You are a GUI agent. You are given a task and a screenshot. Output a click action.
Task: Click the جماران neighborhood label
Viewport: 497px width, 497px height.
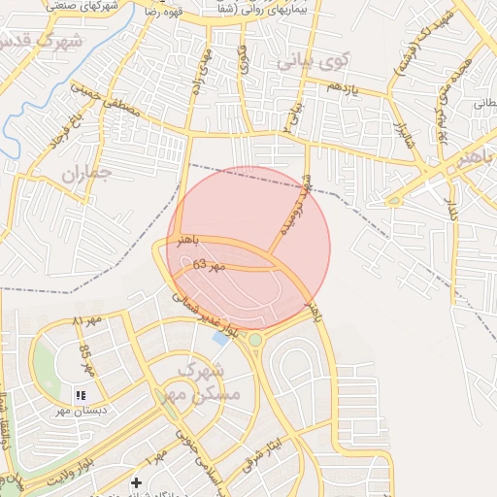tap(87, 174)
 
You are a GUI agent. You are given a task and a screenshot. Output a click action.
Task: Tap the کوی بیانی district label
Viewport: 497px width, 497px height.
tap(312, 61)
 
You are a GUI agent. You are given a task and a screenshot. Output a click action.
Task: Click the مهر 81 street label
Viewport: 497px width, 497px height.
tap(87, 321)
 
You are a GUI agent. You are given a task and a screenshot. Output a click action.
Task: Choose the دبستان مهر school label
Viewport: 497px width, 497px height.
tap(81, 411)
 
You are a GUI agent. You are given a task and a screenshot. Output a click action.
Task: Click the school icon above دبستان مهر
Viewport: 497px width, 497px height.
tap(81, 395)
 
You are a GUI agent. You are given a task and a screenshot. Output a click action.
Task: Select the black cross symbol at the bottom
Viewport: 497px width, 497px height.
tap(136, 482)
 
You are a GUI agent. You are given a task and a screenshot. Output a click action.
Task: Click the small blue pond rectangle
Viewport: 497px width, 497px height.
tap(221, 339)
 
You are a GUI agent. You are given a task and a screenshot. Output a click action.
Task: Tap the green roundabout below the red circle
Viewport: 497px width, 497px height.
tap(255, 340)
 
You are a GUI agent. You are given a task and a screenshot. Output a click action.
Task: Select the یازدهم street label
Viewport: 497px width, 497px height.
tap(343, 86)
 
